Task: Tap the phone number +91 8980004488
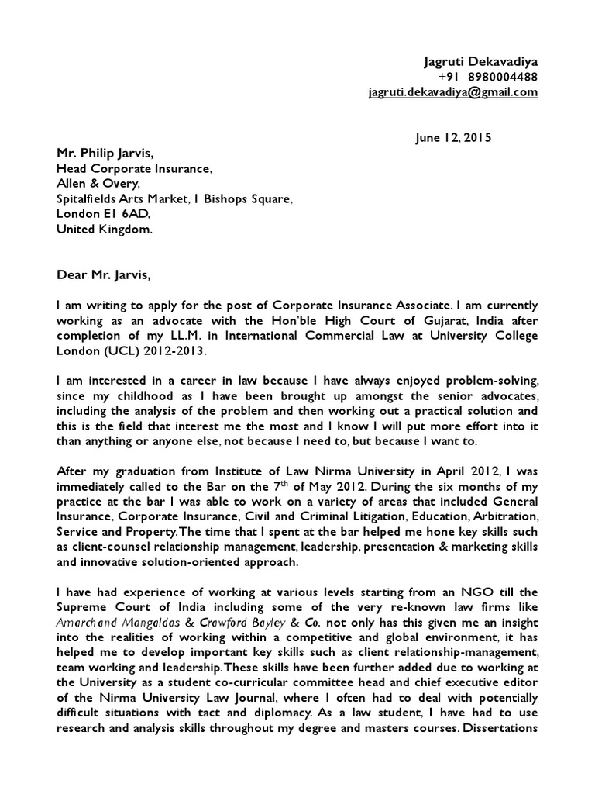[487, 77]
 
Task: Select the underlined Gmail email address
[452, 92]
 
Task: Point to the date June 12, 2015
[453, 137]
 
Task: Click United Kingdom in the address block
[105, 230]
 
